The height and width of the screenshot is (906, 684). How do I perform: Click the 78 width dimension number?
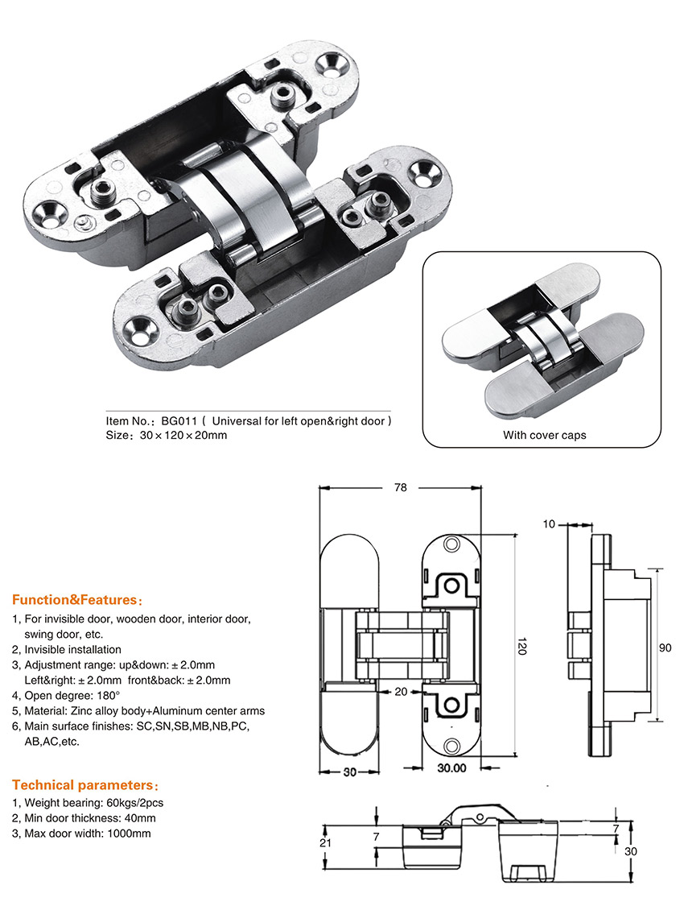point(401,487)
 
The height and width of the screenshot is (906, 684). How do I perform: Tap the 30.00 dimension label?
point(452,767)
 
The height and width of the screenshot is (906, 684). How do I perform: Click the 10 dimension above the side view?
point(550,524)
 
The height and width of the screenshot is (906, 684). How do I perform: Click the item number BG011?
point(178,420)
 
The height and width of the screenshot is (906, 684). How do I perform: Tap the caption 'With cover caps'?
point(545,435)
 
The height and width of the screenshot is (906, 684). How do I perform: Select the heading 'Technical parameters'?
point(80,785)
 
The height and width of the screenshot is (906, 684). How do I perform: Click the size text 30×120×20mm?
point(183,436)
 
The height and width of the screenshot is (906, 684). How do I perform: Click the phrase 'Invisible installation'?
point(73,649)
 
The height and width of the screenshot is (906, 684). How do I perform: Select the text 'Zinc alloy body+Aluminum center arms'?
point(170,710)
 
